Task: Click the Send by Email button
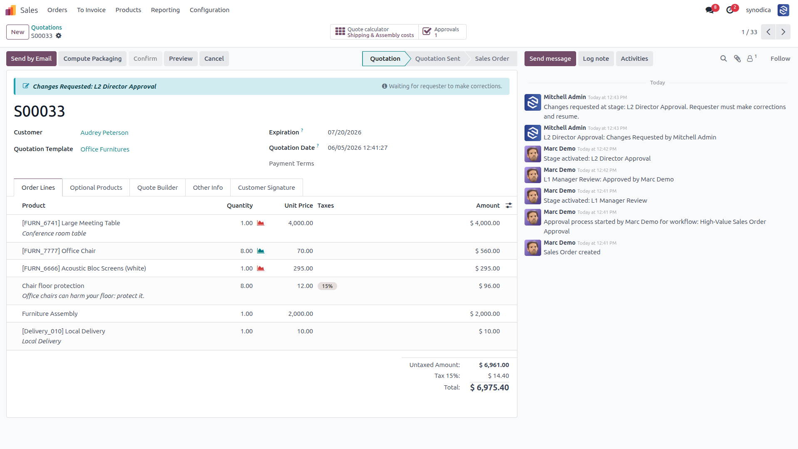pyautogui.click(x=31, y=59)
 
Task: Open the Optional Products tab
pyautogui.click(x=96, y=188)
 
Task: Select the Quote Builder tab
pyautogui.click(x=157, y=188)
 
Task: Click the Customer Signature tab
pyautogui.click(x=266, y=188)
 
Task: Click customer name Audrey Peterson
pyautogui.click(x=104, y=133)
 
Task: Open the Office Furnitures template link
pyautogui.click(x=105, y=149)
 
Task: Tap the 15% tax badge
pyautogui.click(x=327, y=286)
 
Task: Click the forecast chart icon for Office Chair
pyautogui.click(x=261, y=251)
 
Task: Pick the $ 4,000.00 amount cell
pyautogui.click(x=485, y=223)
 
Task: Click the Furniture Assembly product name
pyautogui.click(x=50, y=314)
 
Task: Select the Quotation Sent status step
pyautogui.click(x=438, y=59)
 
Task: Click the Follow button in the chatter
pyautogui.click(x=780, y=59)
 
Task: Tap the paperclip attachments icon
pyautogui.click(x=737, y=59)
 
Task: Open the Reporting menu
pyautogui.click(x=165, y=10)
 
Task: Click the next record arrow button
pyautogui.click(x=783, y=32)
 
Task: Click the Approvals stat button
pyautogui.click(x=442, y=32)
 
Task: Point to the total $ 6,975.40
pyautogui.click(x=490, y=388)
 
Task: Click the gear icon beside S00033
pyautogui.click(x=59, y=36)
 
